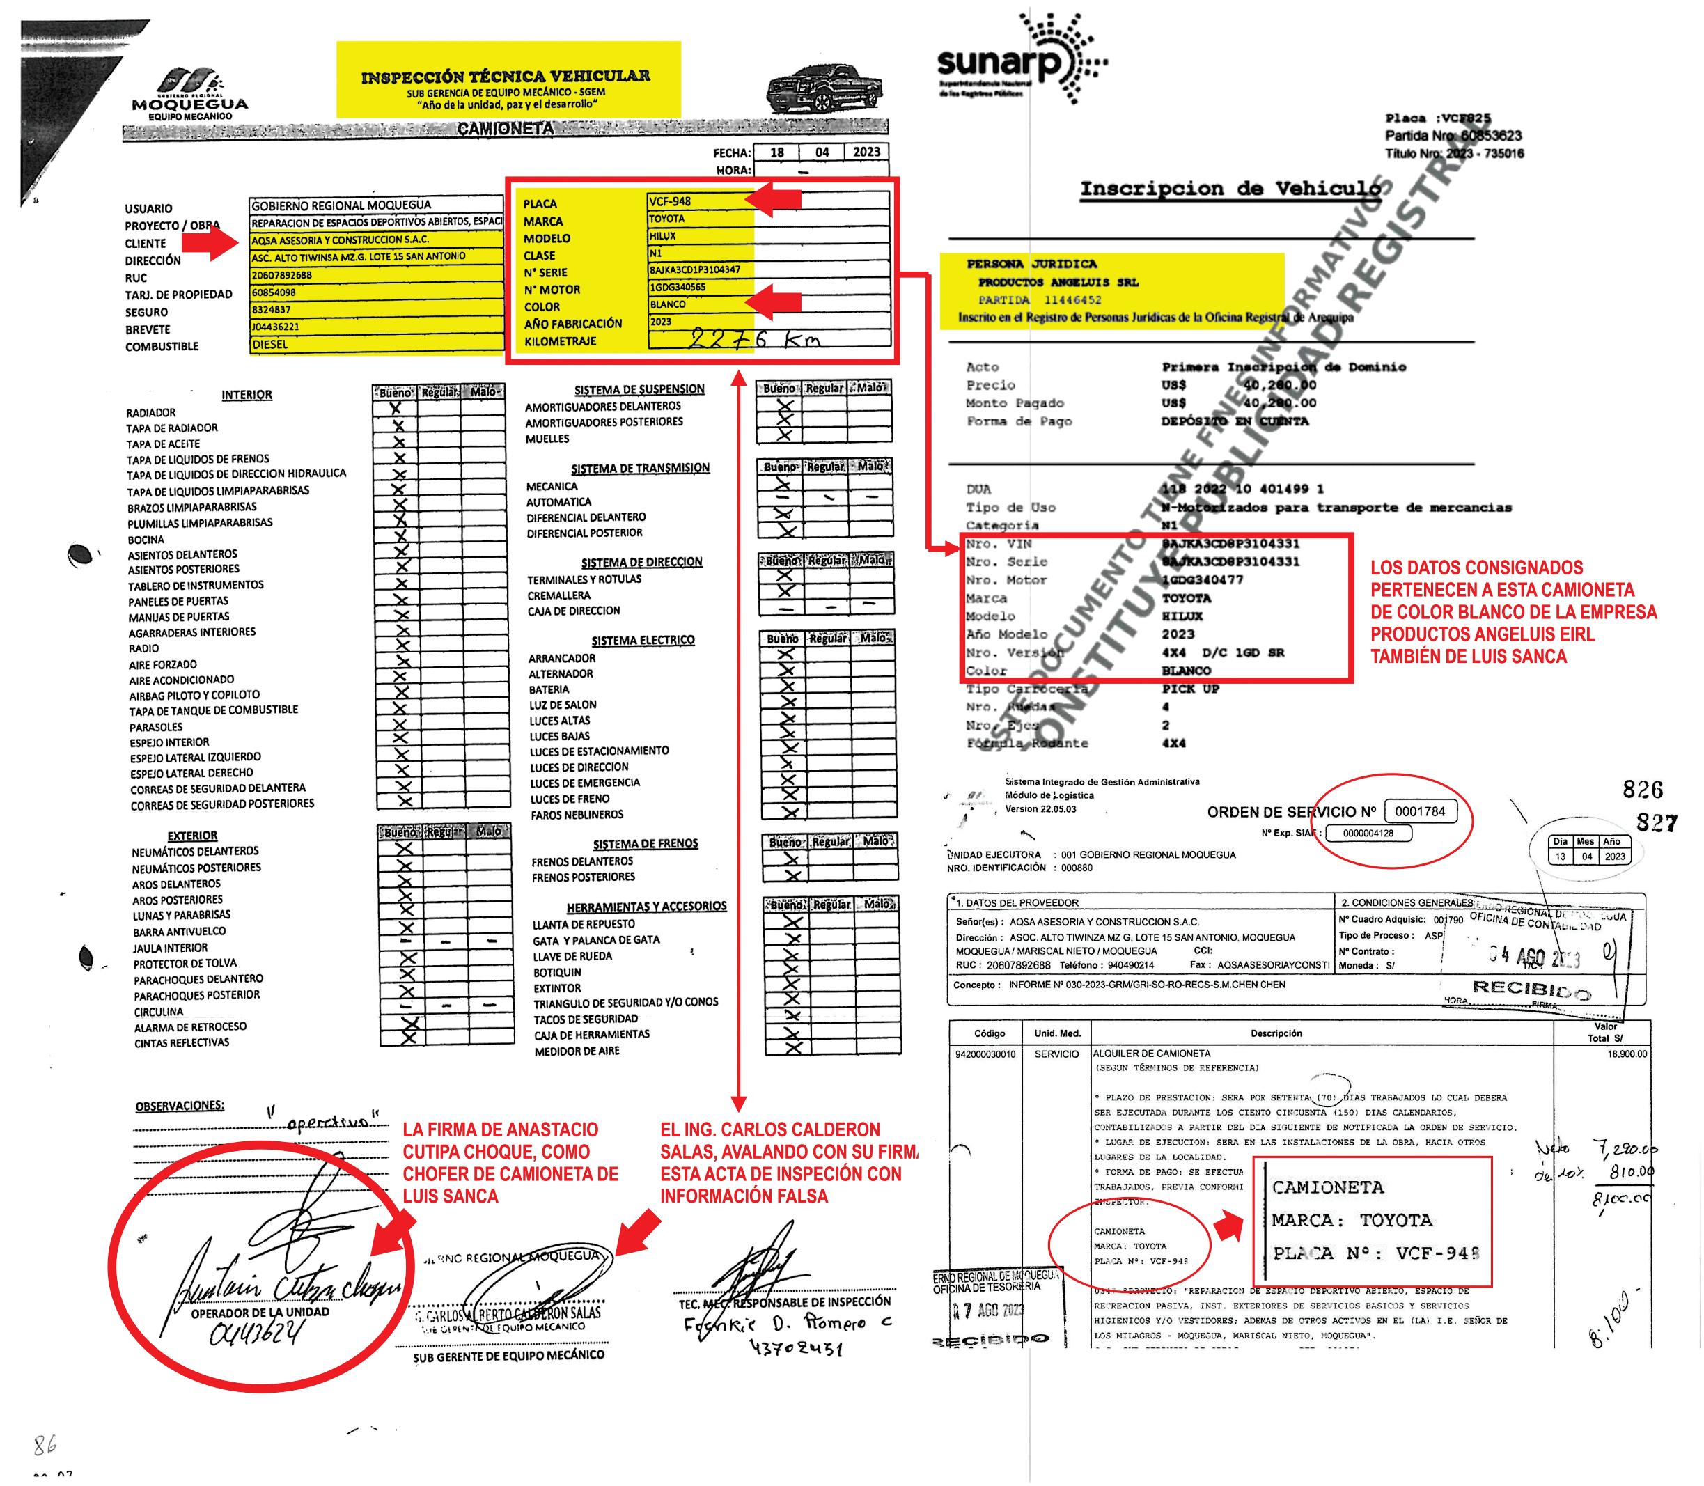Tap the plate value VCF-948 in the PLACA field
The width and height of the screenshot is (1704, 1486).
point(670,201)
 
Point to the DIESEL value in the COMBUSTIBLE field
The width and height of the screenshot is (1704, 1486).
point(270,344)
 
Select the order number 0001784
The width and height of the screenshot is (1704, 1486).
point(1420,811)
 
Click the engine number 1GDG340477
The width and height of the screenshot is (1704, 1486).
point(1203,579)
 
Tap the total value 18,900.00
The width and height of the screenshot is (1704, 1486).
point(1626,1054)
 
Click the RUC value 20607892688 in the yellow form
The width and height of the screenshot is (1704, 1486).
point(282,275)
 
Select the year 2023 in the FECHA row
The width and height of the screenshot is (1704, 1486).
point(866,152)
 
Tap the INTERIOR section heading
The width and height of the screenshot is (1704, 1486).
point(247,395)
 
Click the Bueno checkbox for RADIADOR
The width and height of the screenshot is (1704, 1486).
point(396,408)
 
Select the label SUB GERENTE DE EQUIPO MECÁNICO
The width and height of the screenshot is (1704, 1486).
point(509,1356)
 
